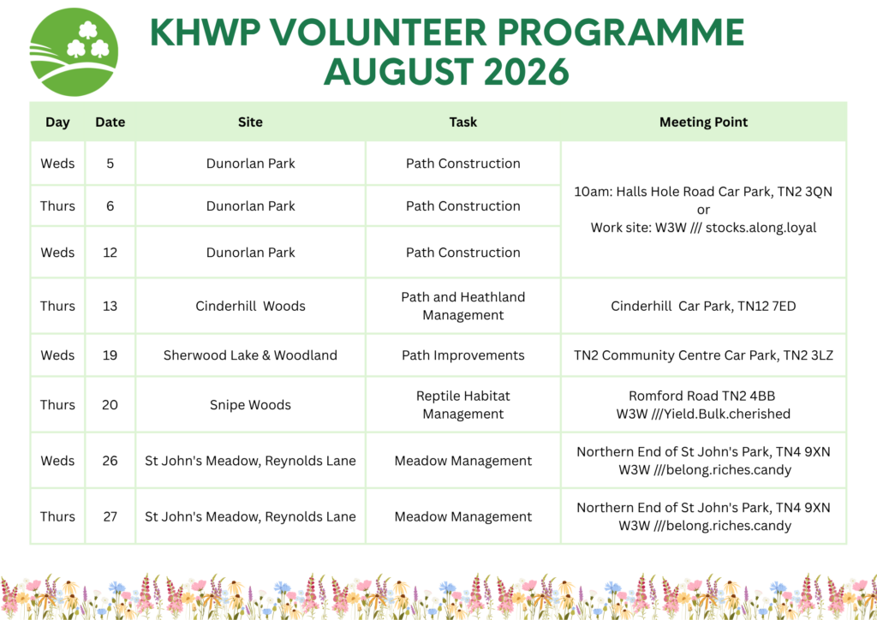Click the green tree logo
(74, 52)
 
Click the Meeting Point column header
(704, 122)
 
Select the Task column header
(463, 122)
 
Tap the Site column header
(250, 122)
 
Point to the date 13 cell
(110, 306)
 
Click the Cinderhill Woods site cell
(251, 306)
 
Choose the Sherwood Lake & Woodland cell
(250, 355)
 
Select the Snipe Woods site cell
(250, 405)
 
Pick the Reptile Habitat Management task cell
(463, 405)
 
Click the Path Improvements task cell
(463, 355)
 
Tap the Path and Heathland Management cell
(463, 306)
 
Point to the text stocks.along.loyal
(761, 228)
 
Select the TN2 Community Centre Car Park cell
(704, 355)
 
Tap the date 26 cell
(110, 461)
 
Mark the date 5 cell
(110, 164)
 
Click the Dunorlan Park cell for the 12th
(251, 252)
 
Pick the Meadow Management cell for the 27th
(463, 516)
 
